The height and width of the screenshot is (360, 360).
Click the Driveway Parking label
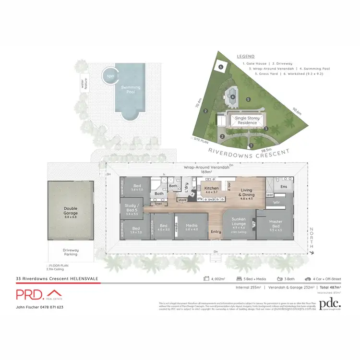click(71, 252)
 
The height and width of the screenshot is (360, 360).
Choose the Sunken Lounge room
click(239, 225)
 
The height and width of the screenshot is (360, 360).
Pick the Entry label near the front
click(216, 232)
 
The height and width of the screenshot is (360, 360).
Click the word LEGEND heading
click(246, 56)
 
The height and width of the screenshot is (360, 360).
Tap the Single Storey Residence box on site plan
click(247, 120)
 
